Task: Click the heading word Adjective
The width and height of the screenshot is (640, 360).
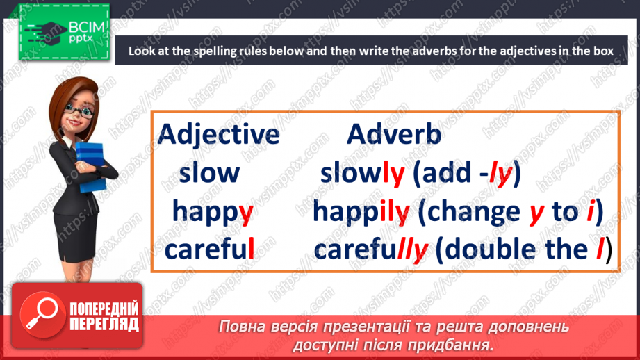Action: point(218,135)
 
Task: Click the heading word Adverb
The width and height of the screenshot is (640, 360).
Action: point(394,134)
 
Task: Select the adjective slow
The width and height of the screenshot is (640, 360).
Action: point(209,172)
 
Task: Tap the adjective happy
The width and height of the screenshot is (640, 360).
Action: point(213,212)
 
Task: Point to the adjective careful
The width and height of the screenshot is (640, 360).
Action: point(209,248)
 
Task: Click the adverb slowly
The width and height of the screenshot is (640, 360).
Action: point(363,174)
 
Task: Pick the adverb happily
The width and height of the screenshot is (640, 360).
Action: point(361,212)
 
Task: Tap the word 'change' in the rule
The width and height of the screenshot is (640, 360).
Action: point(473,212)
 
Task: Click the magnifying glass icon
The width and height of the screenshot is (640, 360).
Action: point(42,314)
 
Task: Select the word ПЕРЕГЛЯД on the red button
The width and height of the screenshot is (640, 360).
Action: point(104,325)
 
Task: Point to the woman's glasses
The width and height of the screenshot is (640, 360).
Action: point(79,111)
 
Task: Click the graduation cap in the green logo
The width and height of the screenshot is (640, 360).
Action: point(48,31)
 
